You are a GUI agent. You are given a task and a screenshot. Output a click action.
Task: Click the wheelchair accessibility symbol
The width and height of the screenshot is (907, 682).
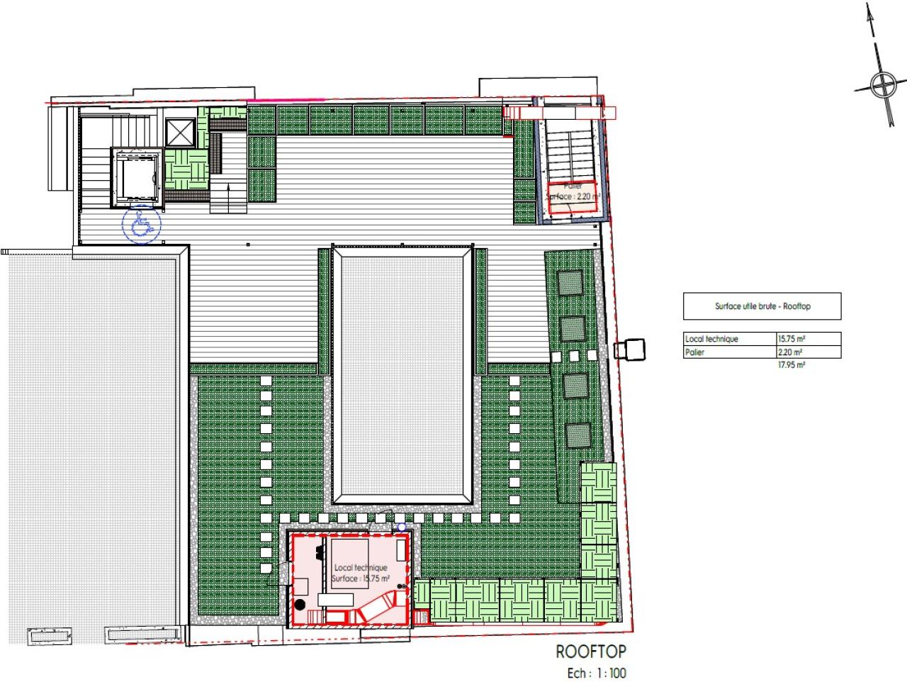coord(142,225)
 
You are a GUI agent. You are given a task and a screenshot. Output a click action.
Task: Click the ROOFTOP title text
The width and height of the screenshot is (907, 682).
coord(590,652)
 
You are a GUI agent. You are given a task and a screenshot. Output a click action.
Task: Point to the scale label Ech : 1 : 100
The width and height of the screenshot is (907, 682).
coord(596,673)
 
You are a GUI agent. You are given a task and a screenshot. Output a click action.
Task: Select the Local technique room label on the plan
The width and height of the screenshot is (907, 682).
coord(361,568)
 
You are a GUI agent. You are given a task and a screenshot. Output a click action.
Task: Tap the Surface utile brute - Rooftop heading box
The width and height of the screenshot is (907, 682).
coord(762,306)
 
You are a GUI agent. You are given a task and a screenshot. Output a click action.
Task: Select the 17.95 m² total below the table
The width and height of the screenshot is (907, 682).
coord(791,365)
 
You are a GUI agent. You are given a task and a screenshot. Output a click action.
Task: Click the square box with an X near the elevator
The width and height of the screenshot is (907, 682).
coord(178,132)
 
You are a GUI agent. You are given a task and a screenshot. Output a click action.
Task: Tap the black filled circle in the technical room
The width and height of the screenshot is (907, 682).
coord(300,604)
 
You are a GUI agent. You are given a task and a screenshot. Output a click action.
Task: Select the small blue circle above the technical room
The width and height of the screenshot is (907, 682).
coord(402,527)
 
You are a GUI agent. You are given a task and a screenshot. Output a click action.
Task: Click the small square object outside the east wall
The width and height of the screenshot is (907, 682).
coord(630,350)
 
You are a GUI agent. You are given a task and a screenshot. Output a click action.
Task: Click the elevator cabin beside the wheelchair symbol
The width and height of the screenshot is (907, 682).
coord(137,177)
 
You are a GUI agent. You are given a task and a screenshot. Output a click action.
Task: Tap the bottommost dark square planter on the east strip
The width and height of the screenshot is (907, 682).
coord(577,434)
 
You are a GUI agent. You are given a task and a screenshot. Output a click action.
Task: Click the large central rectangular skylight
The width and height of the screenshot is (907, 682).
coord(402,374)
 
